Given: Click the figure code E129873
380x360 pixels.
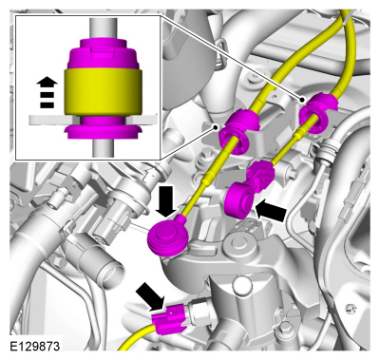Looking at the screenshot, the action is pos(35,346).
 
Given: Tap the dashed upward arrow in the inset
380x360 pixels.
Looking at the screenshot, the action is pos(47,92).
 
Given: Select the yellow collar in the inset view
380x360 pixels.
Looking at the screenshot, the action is pos(103,92).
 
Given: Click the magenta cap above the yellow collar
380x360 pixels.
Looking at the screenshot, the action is pos(103,53).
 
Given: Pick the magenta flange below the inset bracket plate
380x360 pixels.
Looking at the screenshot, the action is pos(103,131).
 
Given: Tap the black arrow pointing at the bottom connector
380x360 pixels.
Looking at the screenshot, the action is pos(151,297).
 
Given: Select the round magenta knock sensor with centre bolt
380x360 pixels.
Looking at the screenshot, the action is pos(168,234).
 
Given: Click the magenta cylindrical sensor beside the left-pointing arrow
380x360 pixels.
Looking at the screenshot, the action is pos(238,199).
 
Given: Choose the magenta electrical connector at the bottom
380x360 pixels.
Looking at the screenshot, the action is pos(171,318).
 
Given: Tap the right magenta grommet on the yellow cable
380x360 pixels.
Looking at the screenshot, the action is pos(316,112).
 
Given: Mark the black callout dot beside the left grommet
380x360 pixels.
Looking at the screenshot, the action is pos(216,127).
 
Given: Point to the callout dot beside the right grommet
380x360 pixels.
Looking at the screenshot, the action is pos(302,100).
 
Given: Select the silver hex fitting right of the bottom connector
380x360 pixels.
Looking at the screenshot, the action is pos(198,312).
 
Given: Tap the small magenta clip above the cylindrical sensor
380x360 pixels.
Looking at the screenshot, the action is pos(260,172).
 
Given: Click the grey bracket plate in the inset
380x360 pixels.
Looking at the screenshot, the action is pos(94,120).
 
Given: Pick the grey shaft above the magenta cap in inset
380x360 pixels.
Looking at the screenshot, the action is pos(103,28).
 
